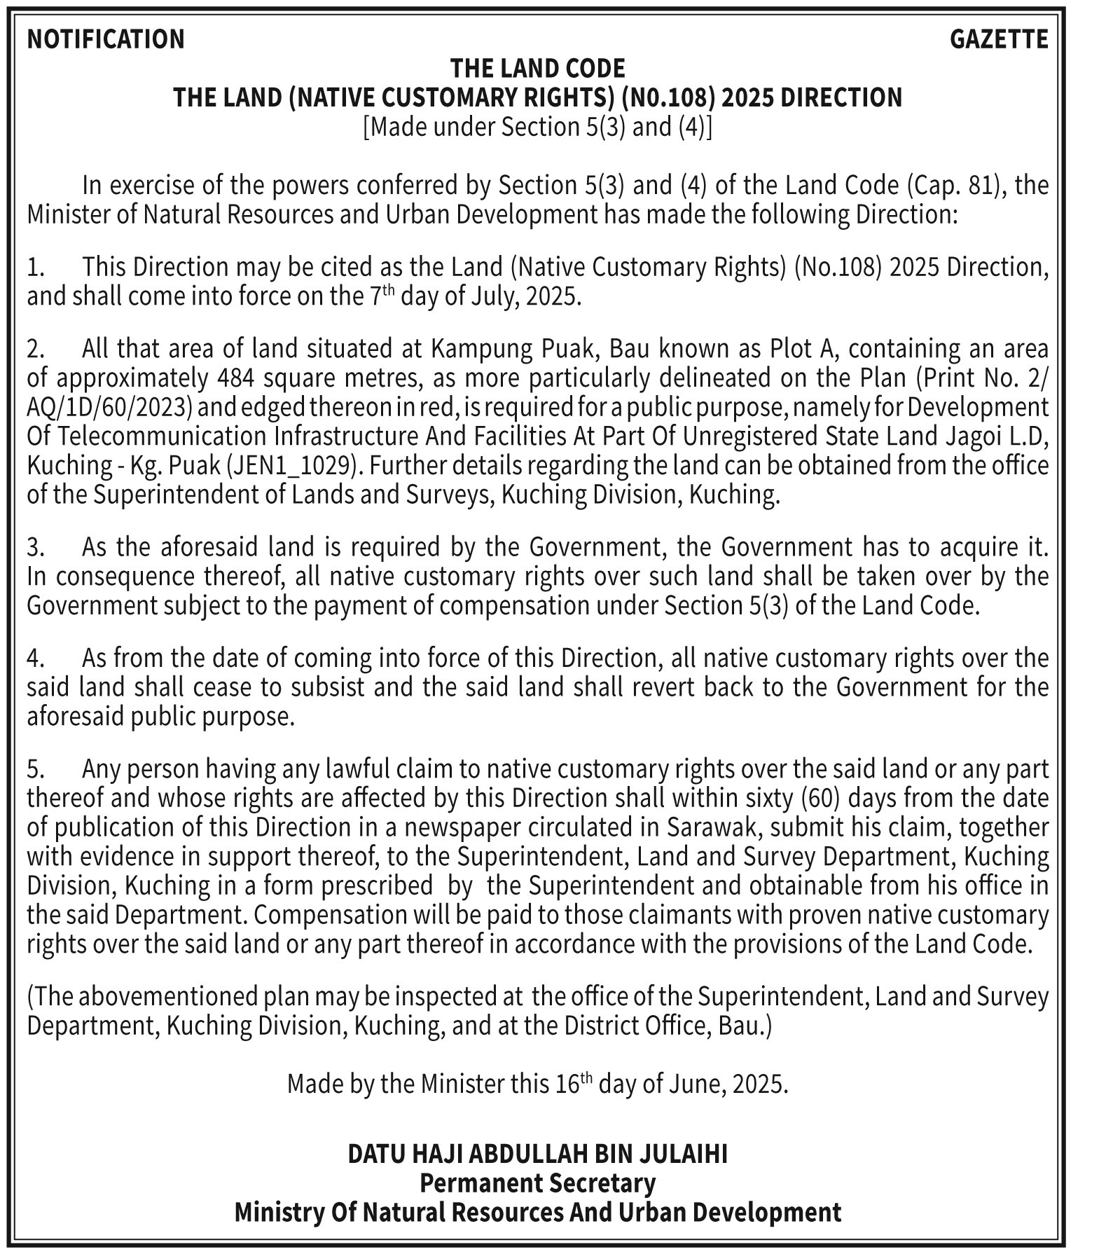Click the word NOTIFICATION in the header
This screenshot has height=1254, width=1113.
[106, 39]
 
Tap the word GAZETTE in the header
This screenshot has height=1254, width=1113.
[999, 39]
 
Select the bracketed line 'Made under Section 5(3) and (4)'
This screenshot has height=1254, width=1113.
[537, 127]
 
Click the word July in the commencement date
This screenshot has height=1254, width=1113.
[496, 296]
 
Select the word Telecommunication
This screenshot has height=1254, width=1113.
[163, 436]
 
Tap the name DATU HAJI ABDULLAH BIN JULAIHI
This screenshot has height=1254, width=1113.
[537, 1153]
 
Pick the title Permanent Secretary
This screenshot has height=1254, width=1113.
[537, 1183]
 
